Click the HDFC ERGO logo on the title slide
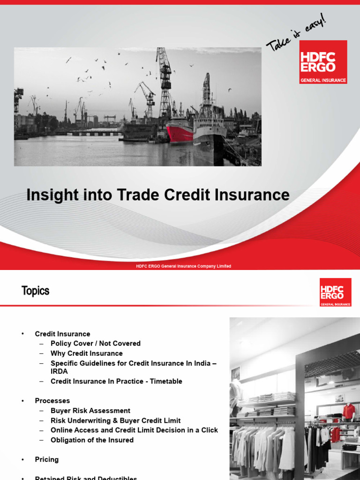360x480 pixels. click(x=323, y=62)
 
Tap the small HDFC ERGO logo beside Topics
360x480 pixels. click(x=335, y=292)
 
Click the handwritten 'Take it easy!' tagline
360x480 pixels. click(x=295, y=33)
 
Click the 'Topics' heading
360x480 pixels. click(x=35, y=291)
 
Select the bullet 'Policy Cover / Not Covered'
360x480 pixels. click(x=96, y=344)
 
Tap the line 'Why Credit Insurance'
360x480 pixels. click(x=87, y=353)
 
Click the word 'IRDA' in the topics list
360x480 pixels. click(x=59, y=371)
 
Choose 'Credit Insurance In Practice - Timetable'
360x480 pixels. click(x=116, y=382)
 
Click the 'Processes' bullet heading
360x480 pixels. click(x=52, y=401)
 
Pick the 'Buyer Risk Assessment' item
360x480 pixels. click(x=90, y=411)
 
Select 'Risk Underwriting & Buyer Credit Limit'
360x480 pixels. click(x=115, y=420)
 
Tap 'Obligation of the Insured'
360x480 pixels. click(x=92, y=440)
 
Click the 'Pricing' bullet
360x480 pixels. click(x=47, y=459)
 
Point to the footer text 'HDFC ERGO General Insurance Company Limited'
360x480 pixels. click(x=183, y=266)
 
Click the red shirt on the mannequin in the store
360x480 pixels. click(x=348, y=412)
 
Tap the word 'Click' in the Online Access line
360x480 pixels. click(x=209, y=430)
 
